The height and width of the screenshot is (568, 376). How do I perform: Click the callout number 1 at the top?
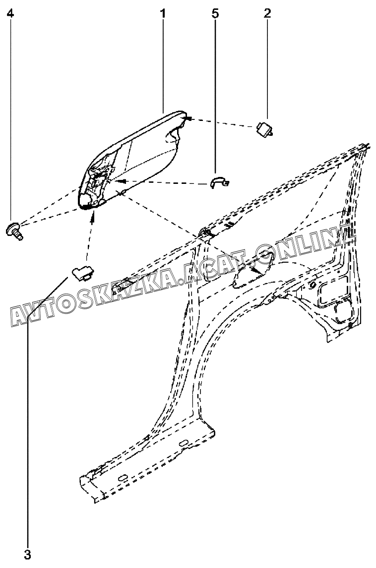coord(163,13)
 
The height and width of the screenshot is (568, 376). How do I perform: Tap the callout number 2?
coord(267,13)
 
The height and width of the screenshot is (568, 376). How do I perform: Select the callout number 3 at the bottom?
coord(28,554)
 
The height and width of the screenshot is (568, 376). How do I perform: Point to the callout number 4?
coord(10,13)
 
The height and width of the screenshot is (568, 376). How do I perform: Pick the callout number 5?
coord(215,13)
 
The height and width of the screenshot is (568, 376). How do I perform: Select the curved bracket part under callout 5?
coord(218,182)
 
